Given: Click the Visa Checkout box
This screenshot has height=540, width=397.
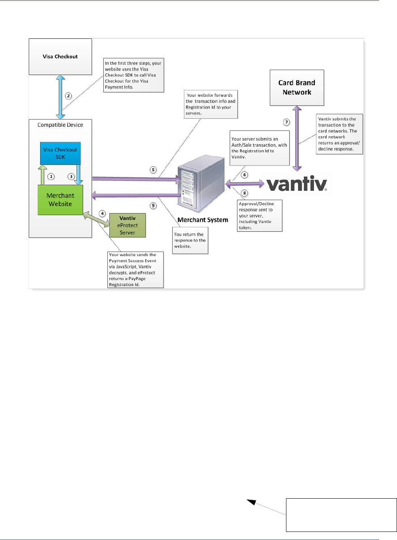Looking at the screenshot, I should (x=60, y=57).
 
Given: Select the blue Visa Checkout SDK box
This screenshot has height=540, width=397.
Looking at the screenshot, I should (x=60, y=153).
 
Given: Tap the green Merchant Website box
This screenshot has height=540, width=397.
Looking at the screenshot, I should (x=60, y=200).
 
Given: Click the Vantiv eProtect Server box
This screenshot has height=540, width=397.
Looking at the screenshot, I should (x=127, y=226).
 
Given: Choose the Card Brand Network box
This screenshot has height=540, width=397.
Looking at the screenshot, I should (x=297, y=88).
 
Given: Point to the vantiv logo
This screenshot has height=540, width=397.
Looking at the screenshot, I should (x=297, y=184).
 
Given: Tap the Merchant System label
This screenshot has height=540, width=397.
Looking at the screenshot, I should (x=203, y=220).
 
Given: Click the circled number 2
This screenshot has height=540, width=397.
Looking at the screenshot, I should (x=68, y=96).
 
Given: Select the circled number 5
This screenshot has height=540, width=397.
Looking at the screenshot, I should (x=153, y=170).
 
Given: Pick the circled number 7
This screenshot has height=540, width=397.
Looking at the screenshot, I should (x=286, y=122).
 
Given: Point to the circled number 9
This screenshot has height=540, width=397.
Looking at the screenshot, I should (x=153, y=205).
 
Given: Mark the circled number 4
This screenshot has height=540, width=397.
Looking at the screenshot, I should (x=102, y=213).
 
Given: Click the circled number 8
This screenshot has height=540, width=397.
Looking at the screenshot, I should (x=244, y=193).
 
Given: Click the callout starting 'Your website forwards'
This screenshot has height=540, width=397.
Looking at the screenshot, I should (x=211, y=105).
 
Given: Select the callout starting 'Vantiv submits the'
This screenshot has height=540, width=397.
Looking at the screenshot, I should (x=339, y=134).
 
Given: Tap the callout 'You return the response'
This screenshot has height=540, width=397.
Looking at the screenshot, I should (x=190, y=240).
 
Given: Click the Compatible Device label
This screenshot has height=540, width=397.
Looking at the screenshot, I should (x=60, y=125).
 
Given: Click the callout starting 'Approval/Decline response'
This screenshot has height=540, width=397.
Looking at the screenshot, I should (x=259, y=216).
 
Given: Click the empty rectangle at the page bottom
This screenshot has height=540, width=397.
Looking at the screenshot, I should (x=341, y=515).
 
